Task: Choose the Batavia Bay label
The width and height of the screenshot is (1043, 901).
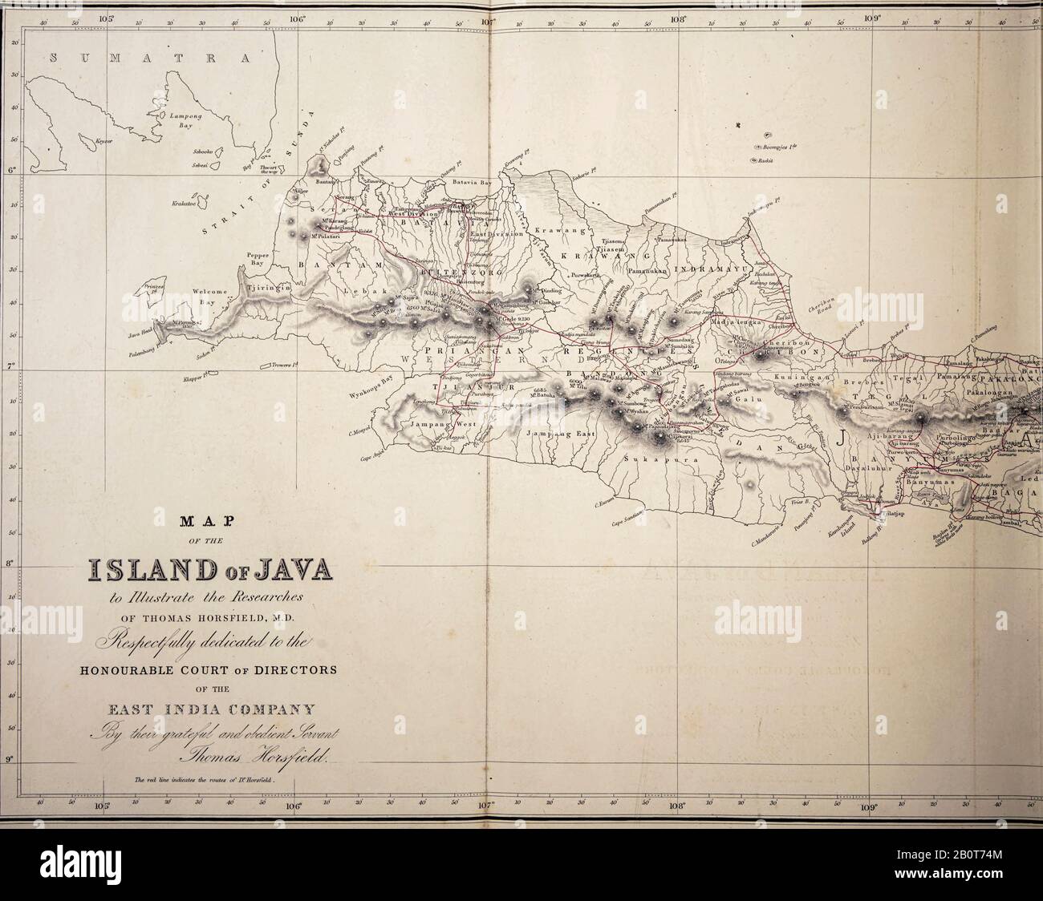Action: [x=465, y=184]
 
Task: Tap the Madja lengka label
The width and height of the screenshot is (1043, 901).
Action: [x=732, y=322]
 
